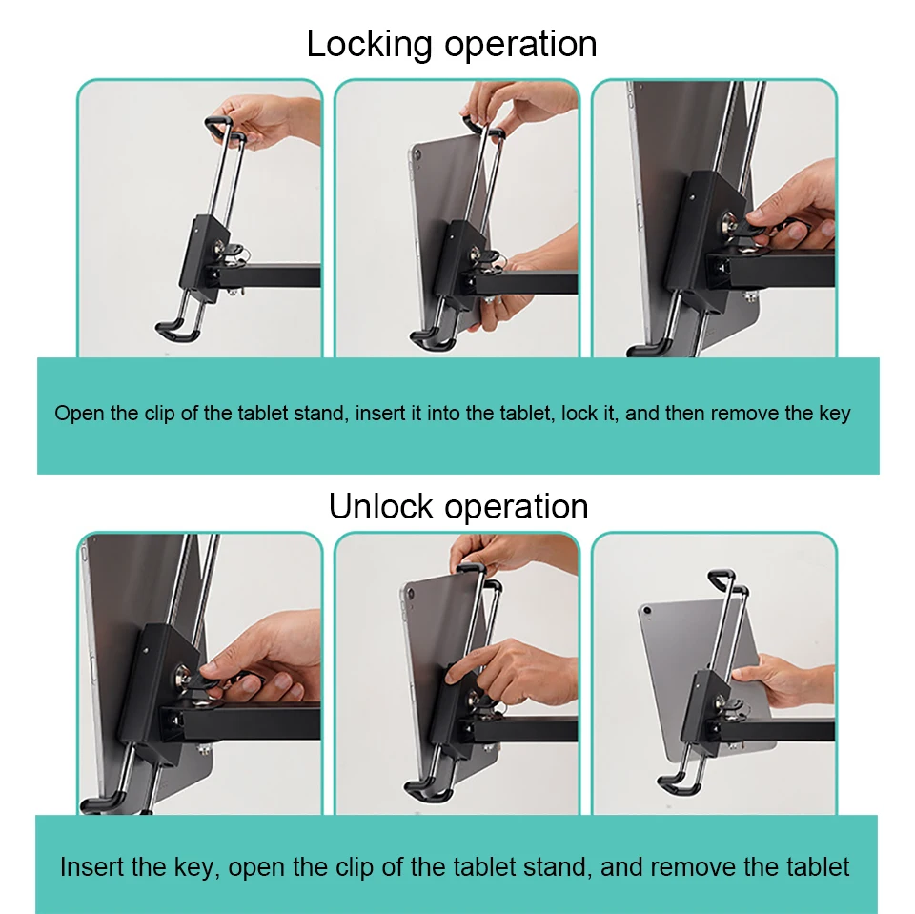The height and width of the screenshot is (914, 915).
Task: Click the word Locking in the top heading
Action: (369, 45)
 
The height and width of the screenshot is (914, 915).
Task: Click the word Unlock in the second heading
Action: (380, 506)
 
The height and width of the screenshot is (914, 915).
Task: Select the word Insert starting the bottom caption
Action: (91, 866)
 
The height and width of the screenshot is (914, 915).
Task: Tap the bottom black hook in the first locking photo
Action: (177, 330)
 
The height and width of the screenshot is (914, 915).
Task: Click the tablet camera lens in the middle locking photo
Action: (417, 154)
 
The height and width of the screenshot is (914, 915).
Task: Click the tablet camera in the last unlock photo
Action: (646, 611)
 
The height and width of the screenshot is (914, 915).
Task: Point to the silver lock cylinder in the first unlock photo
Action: (183, 677)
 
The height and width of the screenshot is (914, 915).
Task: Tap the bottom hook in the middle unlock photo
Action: (428, 790)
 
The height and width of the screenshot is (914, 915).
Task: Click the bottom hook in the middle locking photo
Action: (433, 339)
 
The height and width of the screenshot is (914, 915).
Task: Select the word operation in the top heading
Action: (521, 45)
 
